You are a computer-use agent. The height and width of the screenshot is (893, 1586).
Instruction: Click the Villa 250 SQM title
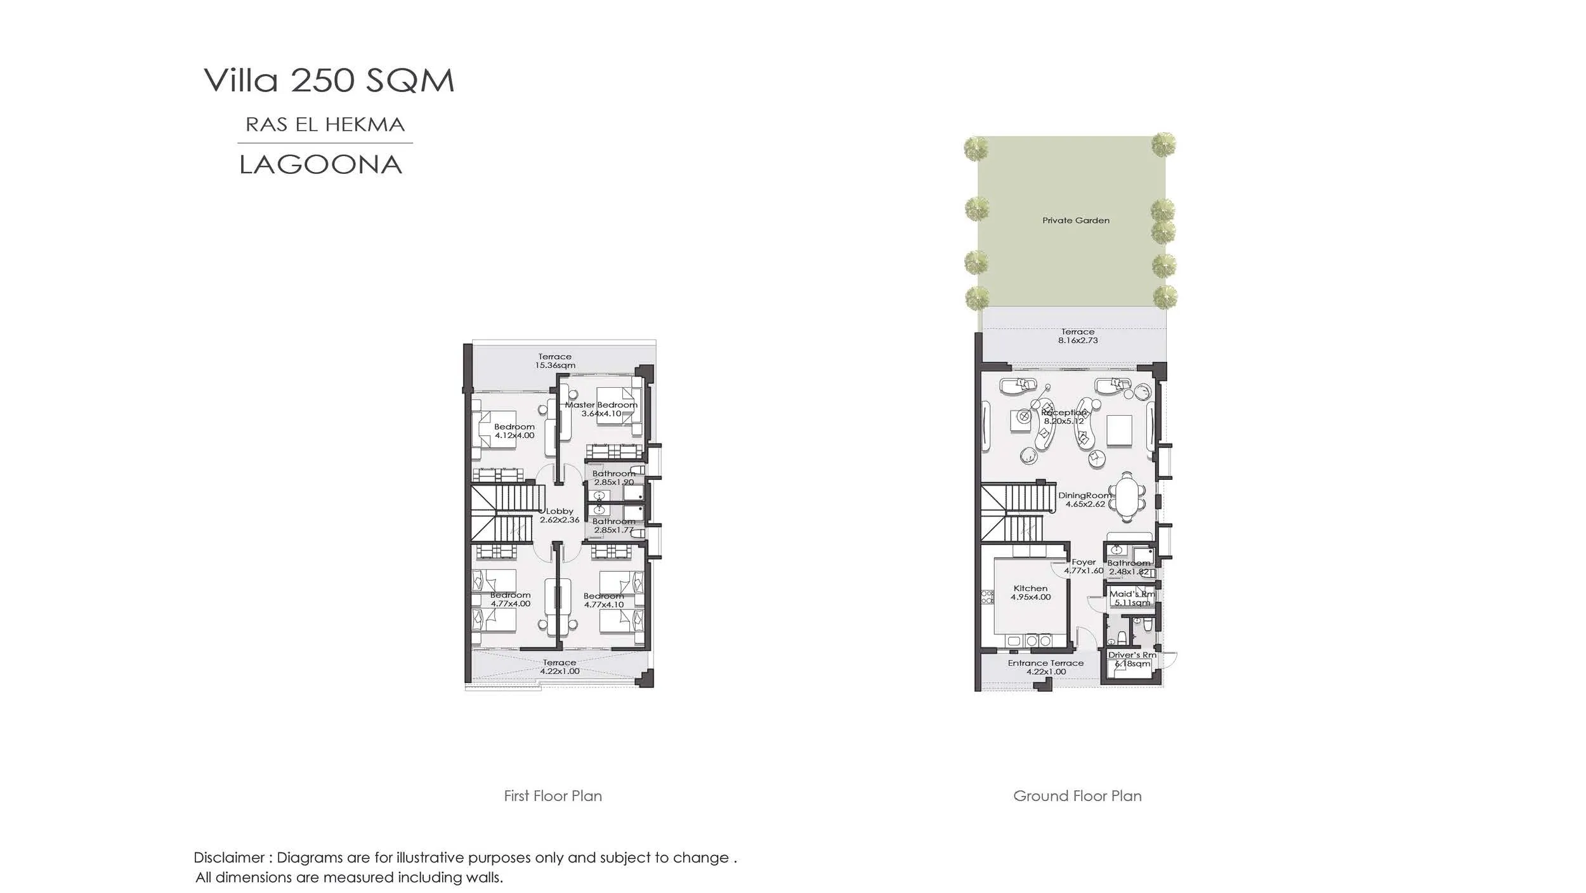coord(329,81)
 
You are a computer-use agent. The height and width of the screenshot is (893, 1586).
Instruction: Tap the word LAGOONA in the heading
coord(320,165)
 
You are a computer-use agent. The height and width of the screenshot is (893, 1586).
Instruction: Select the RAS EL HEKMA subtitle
coord(325,124)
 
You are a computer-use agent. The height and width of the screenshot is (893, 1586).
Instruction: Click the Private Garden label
coord(1076,221)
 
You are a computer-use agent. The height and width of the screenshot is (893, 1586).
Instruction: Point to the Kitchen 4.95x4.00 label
coord(1030,593)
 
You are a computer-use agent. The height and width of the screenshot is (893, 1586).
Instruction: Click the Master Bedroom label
coord(601,409)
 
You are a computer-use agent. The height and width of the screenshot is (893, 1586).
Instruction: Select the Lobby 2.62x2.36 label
coord(560,515)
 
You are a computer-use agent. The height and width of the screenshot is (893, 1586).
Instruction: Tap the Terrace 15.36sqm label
coord(554,361)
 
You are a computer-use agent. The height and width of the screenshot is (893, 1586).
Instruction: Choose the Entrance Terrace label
coord(1045,667)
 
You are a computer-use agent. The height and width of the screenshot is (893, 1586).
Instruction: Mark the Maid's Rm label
coord(1132,598)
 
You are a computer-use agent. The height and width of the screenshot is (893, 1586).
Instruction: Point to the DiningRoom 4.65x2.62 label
coord(1085,499)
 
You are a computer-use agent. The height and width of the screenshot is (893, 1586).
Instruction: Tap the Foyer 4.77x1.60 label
coord(1084,566)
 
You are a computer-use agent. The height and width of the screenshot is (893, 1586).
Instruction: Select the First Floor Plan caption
coord(553,796)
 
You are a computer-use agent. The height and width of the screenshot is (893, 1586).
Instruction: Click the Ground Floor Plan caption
coord(1077,796)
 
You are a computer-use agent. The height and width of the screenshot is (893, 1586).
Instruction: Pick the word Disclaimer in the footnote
coord(229,857)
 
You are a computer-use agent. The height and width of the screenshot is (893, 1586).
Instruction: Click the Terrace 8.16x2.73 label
coord(1078,336)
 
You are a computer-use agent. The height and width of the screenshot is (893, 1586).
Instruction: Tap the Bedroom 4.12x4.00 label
coord(514,431)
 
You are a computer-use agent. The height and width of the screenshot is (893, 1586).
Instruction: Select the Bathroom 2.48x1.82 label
coord(1129,567)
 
